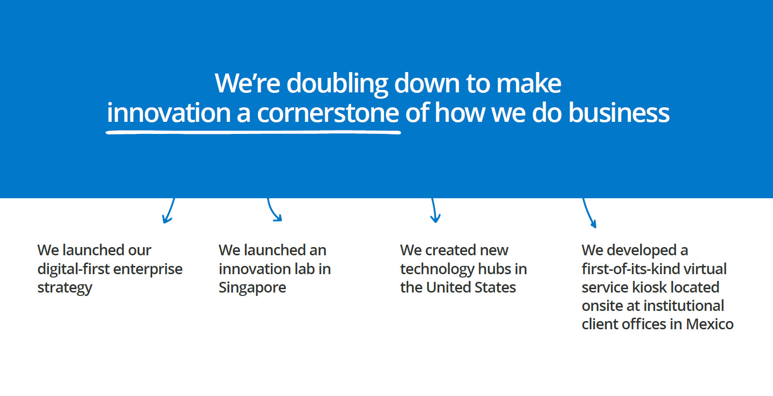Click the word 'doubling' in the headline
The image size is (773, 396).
tap(337, 84)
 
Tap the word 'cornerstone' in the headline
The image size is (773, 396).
tap(328, 113)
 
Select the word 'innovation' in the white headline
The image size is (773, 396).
tap(169, 113)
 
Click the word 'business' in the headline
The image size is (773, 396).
tap(619, 113)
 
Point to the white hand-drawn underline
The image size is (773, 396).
tap(253, 132)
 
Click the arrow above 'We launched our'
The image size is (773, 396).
tap(169, 211)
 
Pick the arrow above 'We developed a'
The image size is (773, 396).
tap(589, 213)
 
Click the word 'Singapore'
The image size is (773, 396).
tap(252, 288)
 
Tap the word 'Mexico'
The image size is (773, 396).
tap(710, 324)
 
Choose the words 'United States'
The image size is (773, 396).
tap(471, 287)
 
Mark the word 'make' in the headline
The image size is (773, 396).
tap(529, 84)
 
